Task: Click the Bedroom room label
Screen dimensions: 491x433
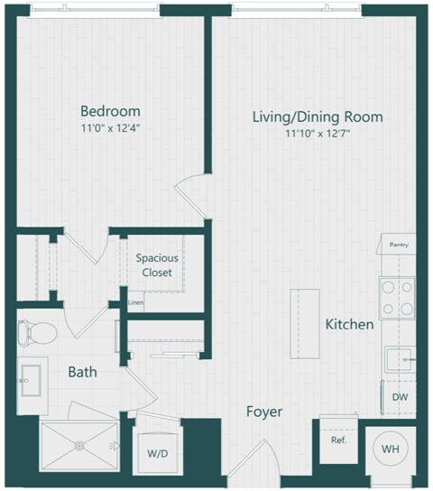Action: tap(110, 111)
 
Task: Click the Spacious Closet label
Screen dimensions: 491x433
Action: tap(157, 264)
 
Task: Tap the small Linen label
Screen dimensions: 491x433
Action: tap(135, 302)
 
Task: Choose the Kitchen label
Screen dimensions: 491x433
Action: tap(349, 324)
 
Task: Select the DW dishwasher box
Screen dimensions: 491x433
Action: tap(398, 396)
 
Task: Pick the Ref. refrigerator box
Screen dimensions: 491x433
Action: tap(338, 441)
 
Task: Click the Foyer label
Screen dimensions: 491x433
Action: tap(264, 412)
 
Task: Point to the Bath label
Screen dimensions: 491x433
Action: tap(82, 371)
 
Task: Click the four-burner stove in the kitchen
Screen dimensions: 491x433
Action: tap(397, 297)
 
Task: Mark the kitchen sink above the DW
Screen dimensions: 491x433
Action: tap(397, 360)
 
